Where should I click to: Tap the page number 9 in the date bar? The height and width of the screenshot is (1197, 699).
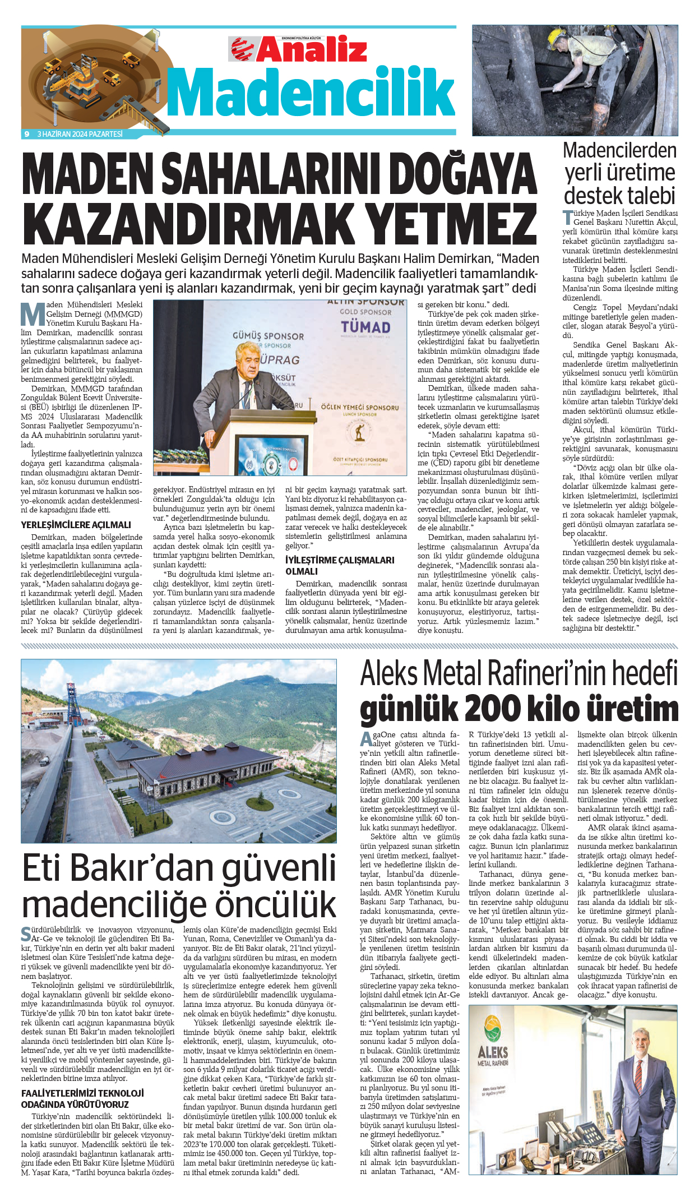tap(26, 134)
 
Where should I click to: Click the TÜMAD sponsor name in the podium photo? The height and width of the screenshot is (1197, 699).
tap(365, 326)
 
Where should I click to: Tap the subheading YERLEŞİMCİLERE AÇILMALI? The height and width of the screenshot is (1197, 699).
tap(76, 525)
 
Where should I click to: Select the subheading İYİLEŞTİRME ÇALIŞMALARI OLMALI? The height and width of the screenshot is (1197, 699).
tap(340, 565)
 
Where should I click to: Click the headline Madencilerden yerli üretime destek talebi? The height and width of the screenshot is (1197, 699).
tap(620, 173)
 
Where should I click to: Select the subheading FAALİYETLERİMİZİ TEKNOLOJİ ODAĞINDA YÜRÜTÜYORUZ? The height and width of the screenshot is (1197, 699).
tap(82, 1098)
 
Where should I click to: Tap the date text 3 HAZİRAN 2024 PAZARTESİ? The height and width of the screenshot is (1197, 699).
tap(80, 134)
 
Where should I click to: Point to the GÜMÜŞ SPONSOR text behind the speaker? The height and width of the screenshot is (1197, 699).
tap(268, 336)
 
